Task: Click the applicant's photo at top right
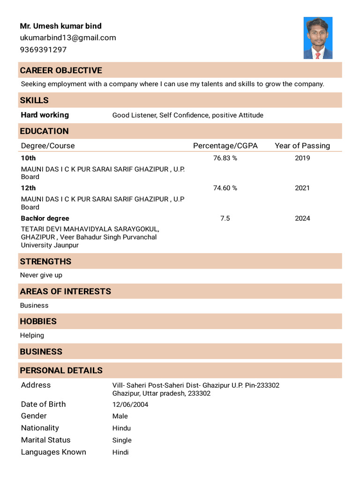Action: pos(318,38)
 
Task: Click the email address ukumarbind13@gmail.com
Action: pos(68,38)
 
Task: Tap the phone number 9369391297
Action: pos(43,50)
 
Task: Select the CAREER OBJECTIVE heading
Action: pos(61,70)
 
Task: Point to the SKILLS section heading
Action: pos(34,100)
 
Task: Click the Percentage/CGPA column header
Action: pos(225,146)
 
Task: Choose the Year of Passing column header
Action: pos(302,146)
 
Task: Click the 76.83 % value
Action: pos(225,158)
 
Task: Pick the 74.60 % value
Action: pos(225,188)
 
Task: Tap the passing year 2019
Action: pos(302,158)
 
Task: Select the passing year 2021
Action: pos(302,188)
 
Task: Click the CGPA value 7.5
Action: pos(225,218)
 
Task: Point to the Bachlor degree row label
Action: pos(45,218)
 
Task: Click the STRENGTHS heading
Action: pos(45,262)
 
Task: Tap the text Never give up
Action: pos(41,275)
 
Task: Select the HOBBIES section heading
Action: pos(38,322)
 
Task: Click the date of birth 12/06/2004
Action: pos(130,405)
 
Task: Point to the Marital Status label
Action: pos(46,440)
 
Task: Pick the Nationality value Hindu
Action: pos(121,428)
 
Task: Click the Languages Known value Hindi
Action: pos(120,452)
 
